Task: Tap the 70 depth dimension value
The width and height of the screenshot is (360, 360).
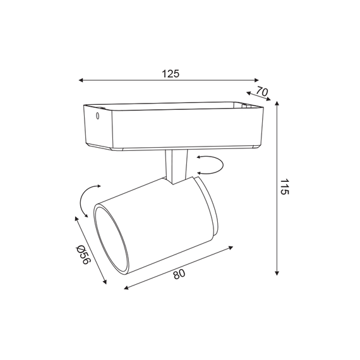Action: pyautogui.click(x=262, y=92)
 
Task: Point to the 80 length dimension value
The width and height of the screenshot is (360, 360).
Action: pyautogui.click(x=179, y=274)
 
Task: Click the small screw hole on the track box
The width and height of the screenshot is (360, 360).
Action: pyautogui.click(x=97, y=116)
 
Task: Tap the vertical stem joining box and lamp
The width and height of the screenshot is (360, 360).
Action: pyautogui.click(x=175, y=165)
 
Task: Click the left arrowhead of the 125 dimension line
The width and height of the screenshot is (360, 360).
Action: pyautogui.click(x=80, y=81)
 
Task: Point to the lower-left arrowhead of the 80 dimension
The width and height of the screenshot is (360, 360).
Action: pyautogui.click(x=127, y=288)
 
